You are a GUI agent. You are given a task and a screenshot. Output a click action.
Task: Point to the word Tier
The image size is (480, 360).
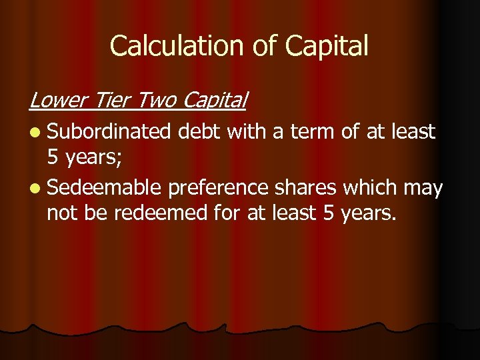[x=112, y=100]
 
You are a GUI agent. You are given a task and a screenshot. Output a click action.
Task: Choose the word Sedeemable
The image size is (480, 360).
[x=104, y=189]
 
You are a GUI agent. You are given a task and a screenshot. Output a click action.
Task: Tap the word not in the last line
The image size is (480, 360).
[x=63, y=214]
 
